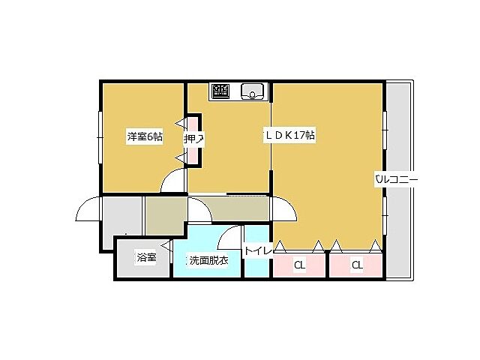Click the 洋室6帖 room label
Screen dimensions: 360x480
pyautogui.click(x=145, y=136)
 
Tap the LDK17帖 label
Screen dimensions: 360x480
pyautogui.click(x=289, y=136)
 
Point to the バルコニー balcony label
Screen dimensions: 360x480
pyautogui.click(x=396, y=179)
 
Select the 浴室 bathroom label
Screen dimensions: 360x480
pyautogui.click(x=146, y=259)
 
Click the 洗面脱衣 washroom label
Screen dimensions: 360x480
pyautogui.click(x=208, y=260)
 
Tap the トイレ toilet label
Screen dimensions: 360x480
pyautogui.click(x=256, y=251)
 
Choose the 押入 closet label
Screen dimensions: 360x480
pyautogui.click(x=193, y=139)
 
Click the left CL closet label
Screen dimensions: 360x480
pyautogui.click(x=299, y=265)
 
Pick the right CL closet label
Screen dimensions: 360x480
pyautogui.click(x=357, y=265)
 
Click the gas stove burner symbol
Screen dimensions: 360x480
pyautogui.click(x=221, y=91)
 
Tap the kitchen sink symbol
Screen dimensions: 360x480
pyautogui.click(x=253, y=91)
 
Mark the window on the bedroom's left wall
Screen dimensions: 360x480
pyautogui.click(x=100, y=135)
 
